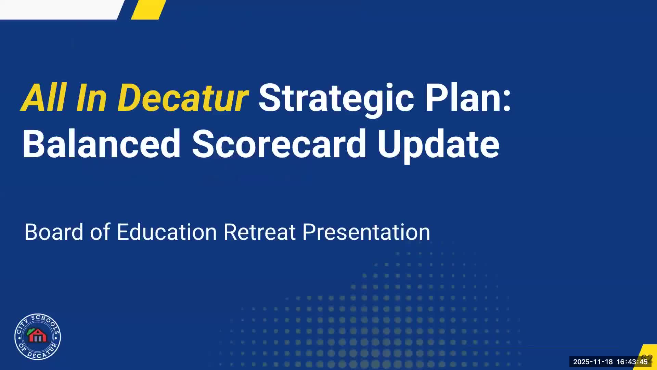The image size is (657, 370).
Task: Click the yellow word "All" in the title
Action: pyautogui.click(x=44, y=98)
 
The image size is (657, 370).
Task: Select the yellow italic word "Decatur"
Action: pyautogui.click(x=183, y=98)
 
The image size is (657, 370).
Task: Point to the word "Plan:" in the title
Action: pyautogui.click(x=468, y=98)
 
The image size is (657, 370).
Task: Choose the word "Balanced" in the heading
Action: pyautogui.click(x=102, y=144)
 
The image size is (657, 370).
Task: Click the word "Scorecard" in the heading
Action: pyautogui.click(x=279, y=144)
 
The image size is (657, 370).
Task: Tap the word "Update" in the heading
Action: pyautogui.click(x=438, y=146)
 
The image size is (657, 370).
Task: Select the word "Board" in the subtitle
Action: pyautogui.click(x=54, y=232)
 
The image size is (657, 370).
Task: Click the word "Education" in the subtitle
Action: pyautogui.click(x=167, y=232)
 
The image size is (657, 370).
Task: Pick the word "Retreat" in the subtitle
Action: pyautogui.click(x=260, y=232)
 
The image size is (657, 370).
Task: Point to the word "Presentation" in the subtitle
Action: pyautogui.click(x=366, y=232)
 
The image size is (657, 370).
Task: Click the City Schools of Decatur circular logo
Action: pyautogui.click(x=38, y=336)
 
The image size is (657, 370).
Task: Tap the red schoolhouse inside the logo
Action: pyautogui.click(x=38, y=336)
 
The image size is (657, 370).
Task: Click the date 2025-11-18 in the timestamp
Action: pyautogui.click(x=593, y=362)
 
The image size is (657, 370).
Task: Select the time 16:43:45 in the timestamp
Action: pyautogui.click(x=632, y=362)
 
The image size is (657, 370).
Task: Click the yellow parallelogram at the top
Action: pyautogui.click(x=149, y=10)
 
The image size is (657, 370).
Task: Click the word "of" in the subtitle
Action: pyautogui.click(x=100, y=232)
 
